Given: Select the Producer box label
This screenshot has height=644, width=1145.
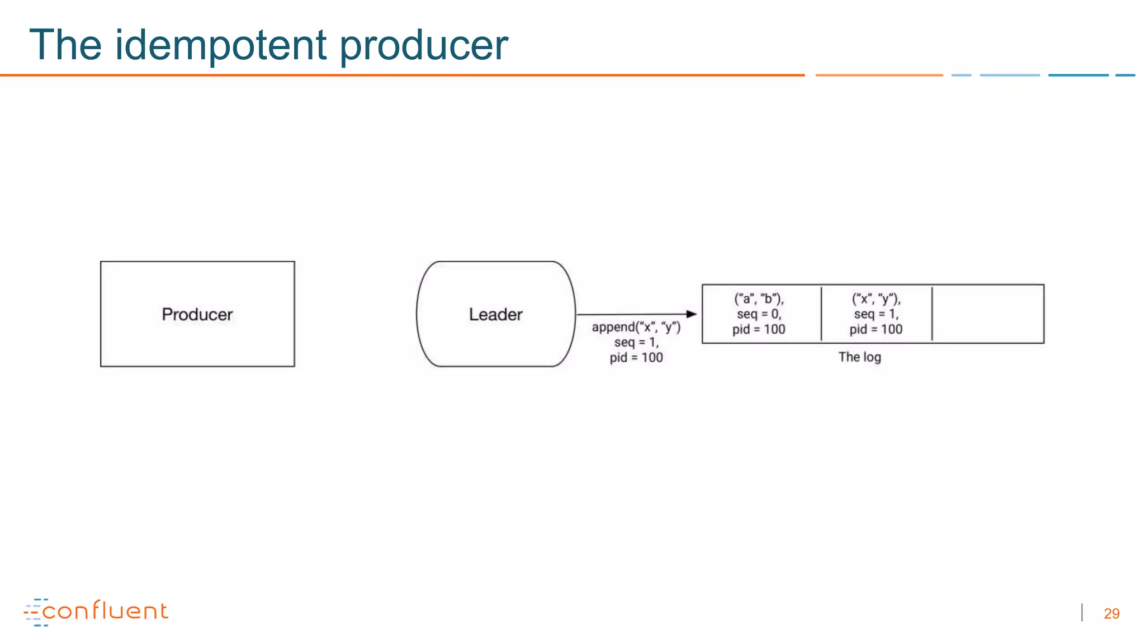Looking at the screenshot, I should click(197, 314).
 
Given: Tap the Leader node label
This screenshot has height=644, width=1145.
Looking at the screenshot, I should click(495, 314).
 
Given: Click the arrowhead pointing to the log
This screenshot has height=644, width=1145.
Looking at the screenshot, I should click(692, 314).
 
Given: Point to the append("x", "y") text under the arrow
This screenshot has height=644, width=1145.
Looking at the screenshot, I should click(636, 327).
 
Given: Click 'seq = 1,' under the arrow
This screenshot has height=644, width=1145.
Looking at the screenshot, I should click(636, 342).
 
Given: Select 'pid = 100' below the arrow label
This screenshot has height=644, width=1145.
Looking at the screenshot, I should click(636, 358).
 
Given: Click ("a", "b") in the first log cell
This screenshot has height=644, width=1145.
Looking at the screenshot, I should click(759, 299).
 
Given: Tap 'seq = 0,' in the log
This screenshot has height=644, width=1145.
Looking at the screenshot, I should click(759, 314).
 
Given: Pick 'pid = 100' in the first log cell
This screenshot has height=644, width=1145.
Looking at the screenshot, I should click(759, 329).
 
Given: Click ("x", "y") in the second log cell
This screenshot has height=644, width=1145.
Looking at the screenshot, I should click(876, 299).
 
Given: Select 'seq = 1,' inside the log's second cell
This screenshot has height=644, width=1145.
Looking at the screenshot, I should click(876, 314).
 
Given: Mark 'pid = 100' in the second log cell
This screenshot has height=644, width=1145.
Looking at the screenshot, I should click(876, 329).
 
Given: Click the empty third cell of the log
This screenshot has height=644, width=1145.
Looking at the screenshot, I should click(988, 314).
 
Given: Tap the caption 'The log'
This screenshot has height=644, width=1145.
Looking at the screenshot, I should click(859, 357).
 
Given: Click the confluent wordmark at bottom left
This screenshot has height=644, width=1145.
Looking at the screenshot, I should click(105, 611).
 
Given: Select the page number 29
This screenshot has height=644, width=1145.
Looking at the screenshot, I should click(1111, 614).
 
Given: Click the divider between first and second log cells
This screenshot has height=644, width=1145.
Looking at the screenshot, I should click(821, 314).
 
